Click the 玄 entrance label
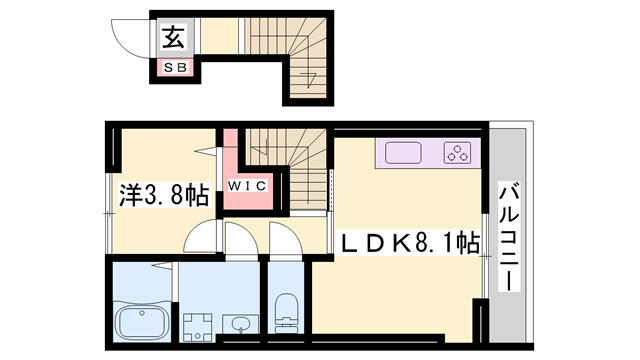coord(174,38)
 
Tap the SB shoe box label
coord(176,68)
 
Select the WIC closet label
coord(247,186)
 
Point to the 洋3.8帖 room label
coord(164,195)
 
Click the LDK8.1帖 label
coord(409,243)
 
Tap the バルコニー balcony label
coord(509,238)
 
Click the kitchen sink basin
coord(403,153)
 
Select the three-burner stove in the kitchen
coord(457,153)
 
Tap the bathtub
coord(142,320)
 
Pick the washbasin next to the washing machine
coord(240,325)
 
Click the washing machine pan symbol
coord(198,327)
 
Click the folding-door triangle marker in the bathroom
coord(161,266)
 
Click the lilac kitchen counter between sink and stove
coord(433,153)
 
